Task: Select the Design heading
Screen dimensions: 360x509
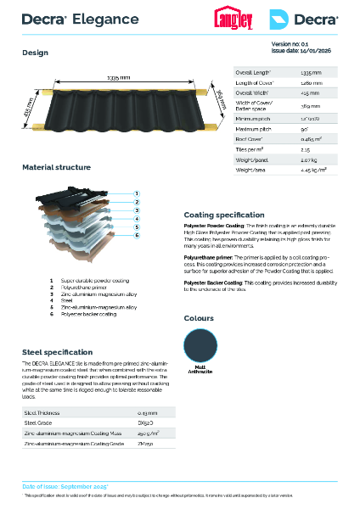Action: (x=35, y=52)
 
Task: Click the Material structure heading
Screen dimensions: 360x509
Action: (x=56, y=167)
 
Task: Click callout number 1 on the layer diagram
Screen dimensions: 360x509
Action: (x=136, y=193)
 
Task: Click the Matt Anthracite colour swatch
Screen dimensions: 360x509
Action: (x=198, y=345)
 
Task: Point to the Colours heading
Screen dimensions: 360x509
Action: (x=199, y=317)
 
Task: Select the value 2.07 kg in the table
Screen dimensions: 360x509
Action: (x=310, y=159)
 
